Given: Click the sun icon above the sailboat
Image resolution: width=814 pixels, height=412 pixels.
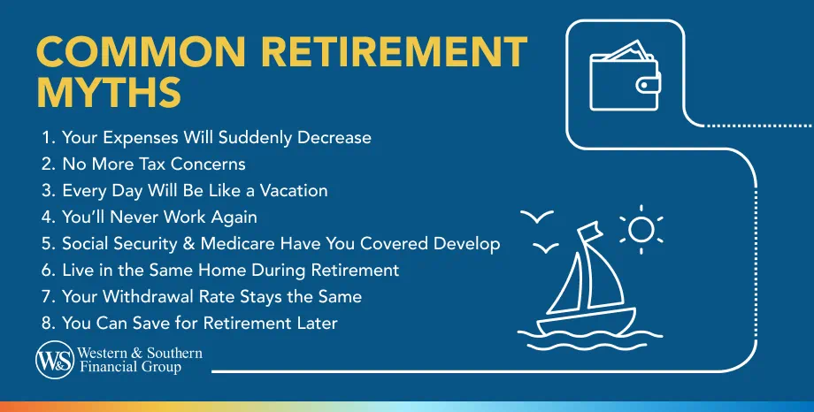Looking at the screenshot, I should pyautogui.click(x=641, y=229).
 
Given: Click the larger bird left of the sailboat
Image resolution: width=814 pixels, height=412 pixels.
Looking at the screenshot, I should pyautogui.click(x=537, y=216).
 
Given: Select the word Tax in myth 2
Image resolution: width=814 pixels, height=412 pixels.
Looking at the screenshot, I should pyautogui.click(x=157, y=164).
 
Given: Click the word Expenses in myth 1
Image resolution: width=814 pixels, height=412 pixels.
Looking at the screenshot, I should pyautogui.click(x=135, y=138).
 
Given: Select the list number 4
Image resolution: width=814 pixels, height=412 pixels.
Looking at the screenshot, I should pyautogui.click(x=47, y=217).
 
